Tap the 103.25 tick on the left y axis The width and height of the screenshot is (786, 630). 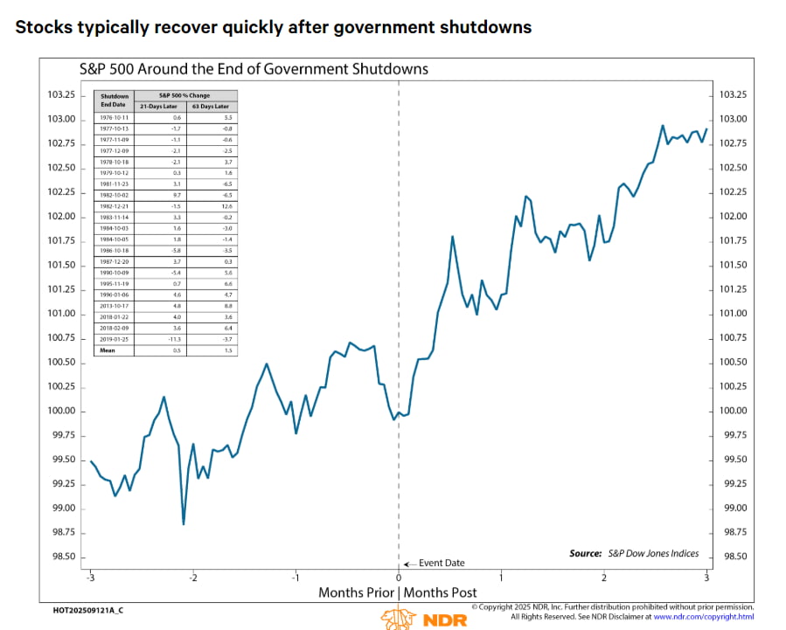[x=61, y=94]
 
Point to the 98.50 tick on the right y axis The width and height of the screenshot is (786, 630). [x=733, y=557]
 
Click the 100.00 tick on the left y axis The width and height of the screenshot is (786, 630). [x=61, y=411]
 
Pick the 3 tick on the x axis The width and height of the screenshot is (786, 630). [x=706, y=578]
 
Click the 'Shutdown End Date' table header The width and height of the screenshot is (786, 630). [x=115, y=100]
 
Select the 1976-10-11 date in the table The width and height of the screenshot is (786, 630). [x=115, y=117]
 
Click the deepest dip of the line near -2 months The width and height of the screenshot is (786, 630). [x=184, y=523]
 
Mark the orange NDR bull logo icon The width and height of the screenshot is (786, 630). [x=393, y=618]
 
